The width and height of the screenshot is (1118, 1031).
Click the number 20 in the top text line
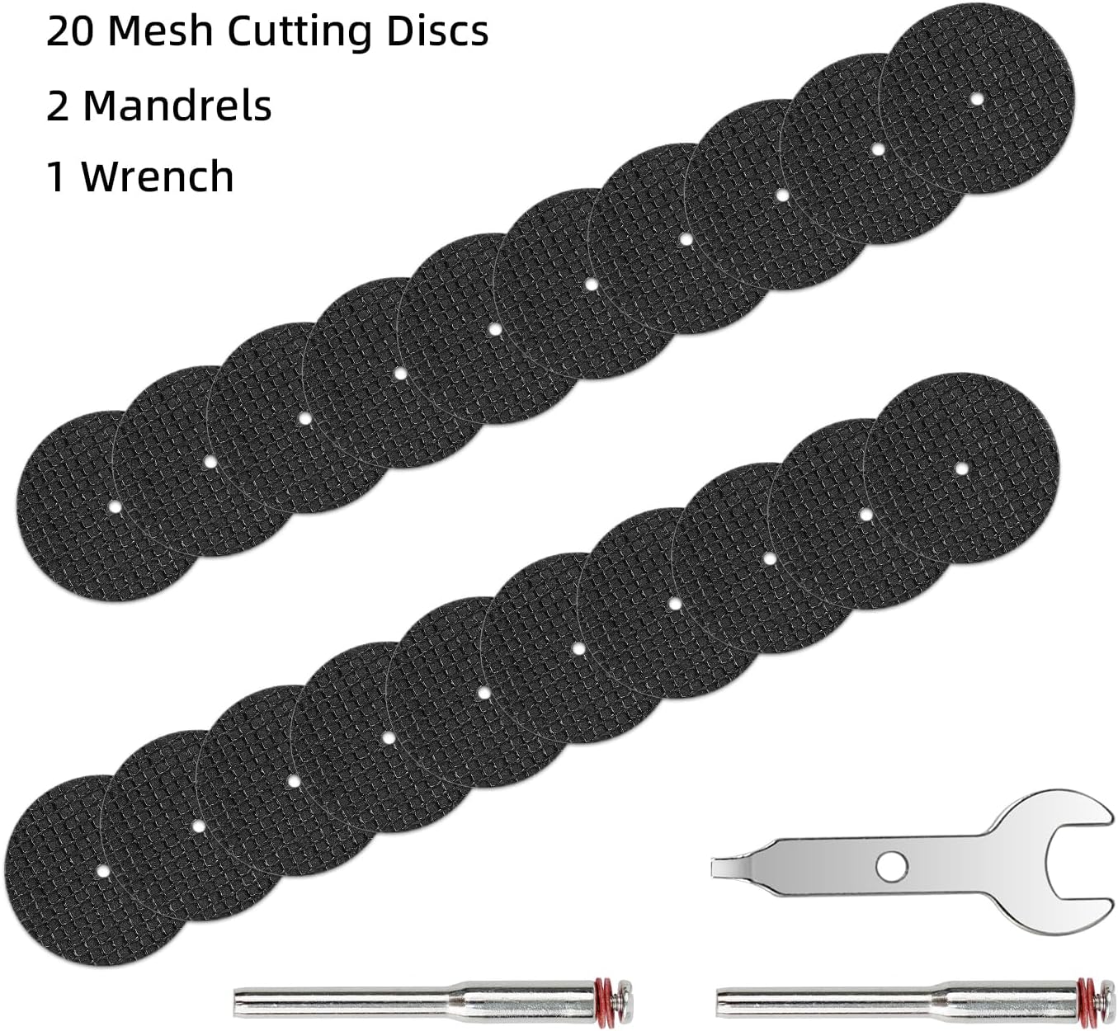tap(70, 32)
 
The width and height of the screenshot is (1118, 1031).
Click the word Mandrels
tap(177, 106)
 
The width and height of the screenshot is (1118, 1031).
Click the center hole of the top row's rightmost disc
tap(977, 99)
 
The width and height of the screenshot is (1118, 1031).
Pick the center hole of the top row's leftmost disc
tap(114, 506)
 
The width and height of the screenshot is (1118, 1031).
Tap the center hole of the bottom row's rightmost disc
tap(961, 468)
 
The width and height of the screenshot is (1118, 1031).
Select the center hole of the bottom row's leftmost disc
tap(101, 871)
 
